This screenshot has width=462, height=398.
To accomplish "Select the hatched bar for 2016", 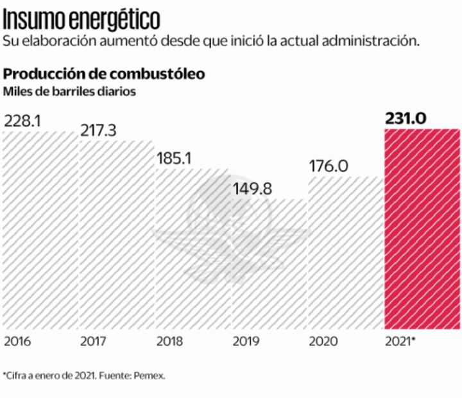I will point(40,231).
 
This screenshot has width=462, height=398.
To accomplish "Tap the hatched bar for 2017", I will point(116,234).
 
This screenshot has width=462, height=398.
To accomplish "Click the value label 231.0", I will point(406,119).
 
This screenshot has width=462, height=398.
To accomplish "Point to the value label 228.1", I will point(22,121).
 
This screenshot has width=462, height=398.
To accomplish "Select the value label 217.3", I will point(98,130).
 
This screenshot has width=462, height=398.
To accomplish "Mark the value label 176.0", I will point(328,166).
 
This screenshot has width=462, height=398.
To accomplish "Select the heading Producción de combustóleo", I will point(105,74).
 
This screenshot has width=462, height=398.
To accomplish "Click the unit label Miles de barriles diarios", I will point(69,91).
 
